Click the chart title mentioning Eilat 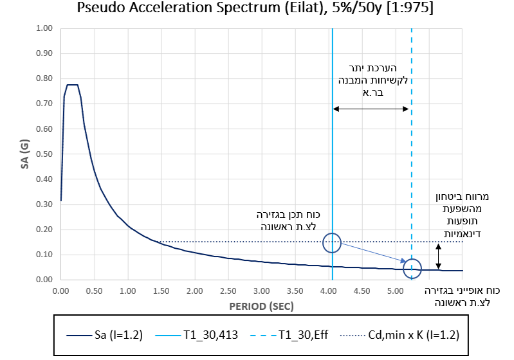coord(257,9)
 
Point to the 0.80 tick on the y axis coord(43,78)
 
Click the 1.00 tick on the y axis coord(43,28)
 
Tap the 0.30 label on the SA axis coord(43,204)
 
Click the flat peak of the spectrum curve coord(72,85)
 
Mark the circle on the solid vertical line coord(332,242)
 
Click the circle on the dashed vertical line coord(412,268)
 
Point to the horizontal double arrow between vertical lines coord(371,109)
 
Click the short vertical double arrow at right coord(439,256)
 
